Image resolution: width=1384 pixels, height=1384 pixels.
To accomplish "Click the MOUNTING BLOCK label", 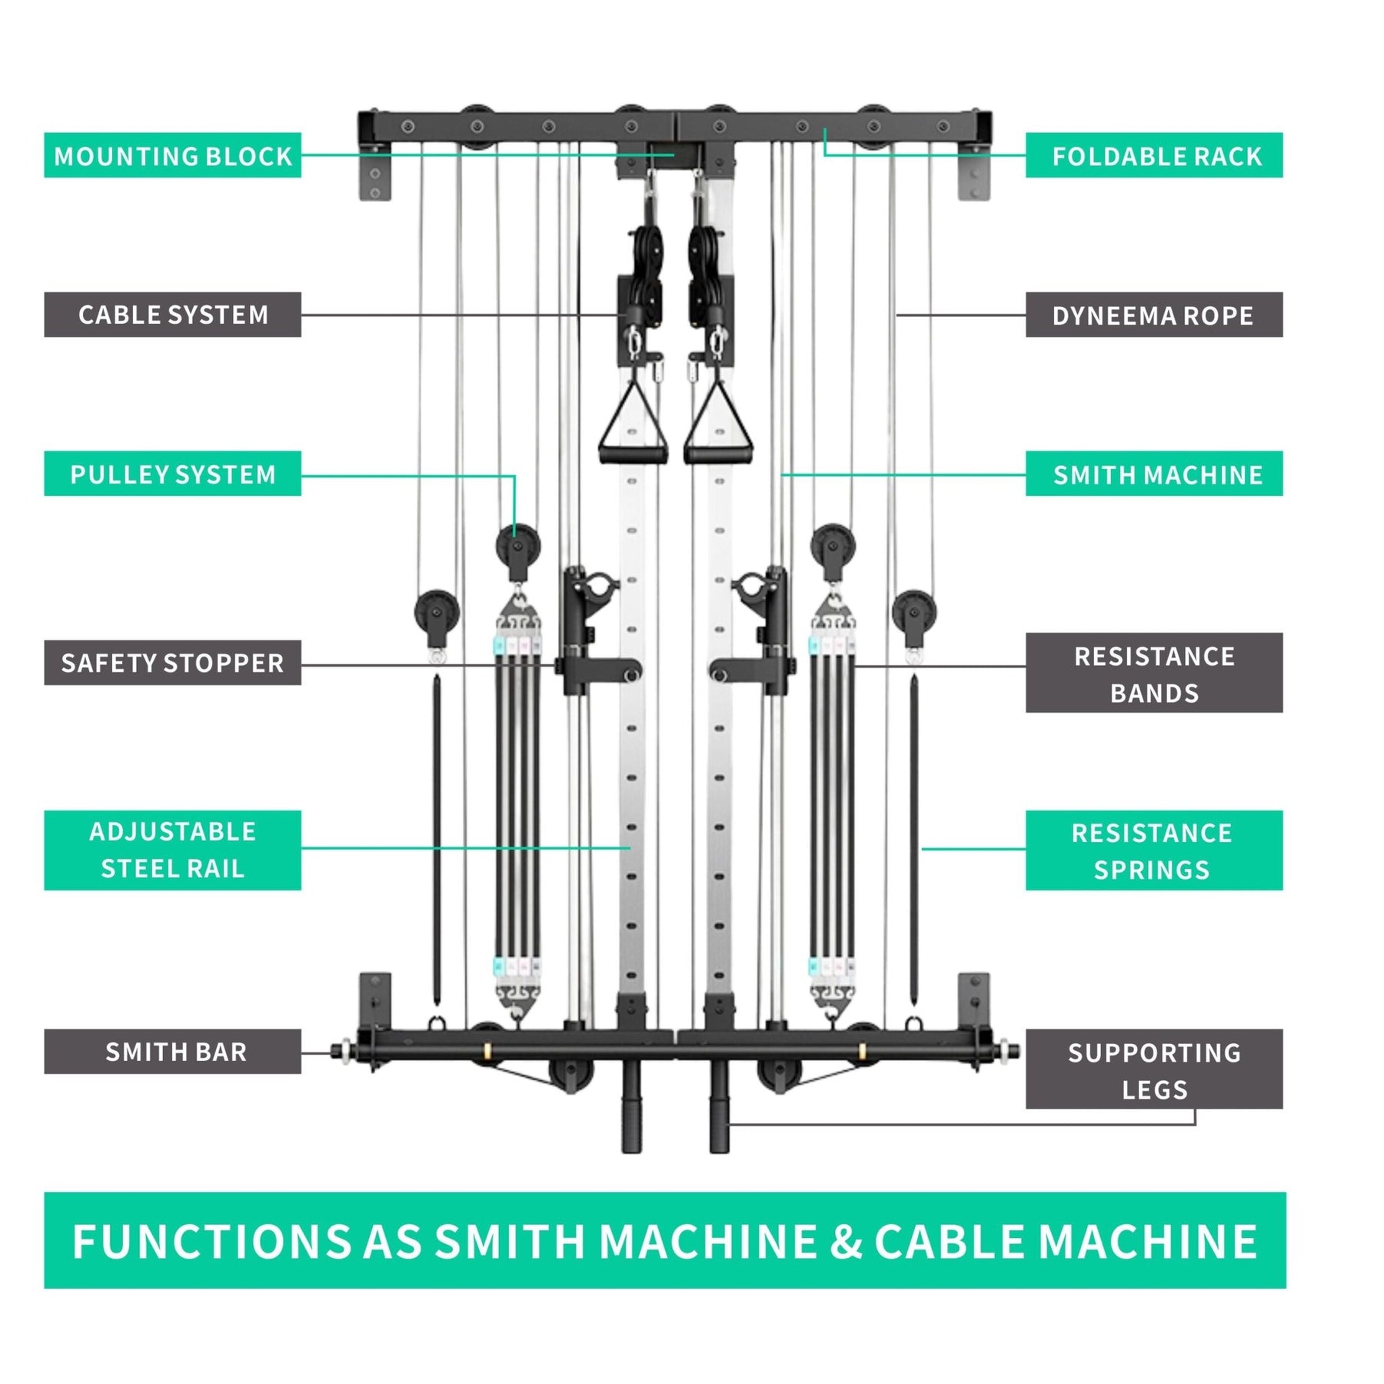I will tap(172, 155).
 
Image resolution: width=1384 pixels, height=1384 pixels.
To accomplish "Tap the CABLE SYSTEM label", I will tap(172, 314).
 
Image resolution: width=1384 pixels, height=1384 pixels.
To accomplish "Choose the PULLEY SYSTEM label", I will tap(172, 474).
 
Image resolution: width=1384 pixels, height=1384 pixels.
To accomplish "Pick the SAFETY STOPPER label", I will tap(172, 662).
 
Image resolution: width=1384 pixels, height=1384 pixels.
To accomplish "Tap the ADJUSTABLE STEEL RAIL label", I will tap(172, 850).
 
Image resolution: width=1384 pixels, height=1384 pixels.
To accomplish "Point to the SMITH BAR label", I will tap(172, 1051).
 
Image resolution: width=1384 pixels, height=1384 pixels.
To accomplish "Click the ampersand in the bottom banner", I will tap(845, 1241).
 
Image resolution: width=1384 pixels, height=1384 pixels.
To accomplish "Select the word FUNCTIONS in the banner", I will tap(211, 1241).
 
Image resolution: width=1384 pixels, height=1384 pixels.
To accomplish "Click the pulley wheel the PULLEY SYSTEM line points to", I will tap(517, 546).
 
